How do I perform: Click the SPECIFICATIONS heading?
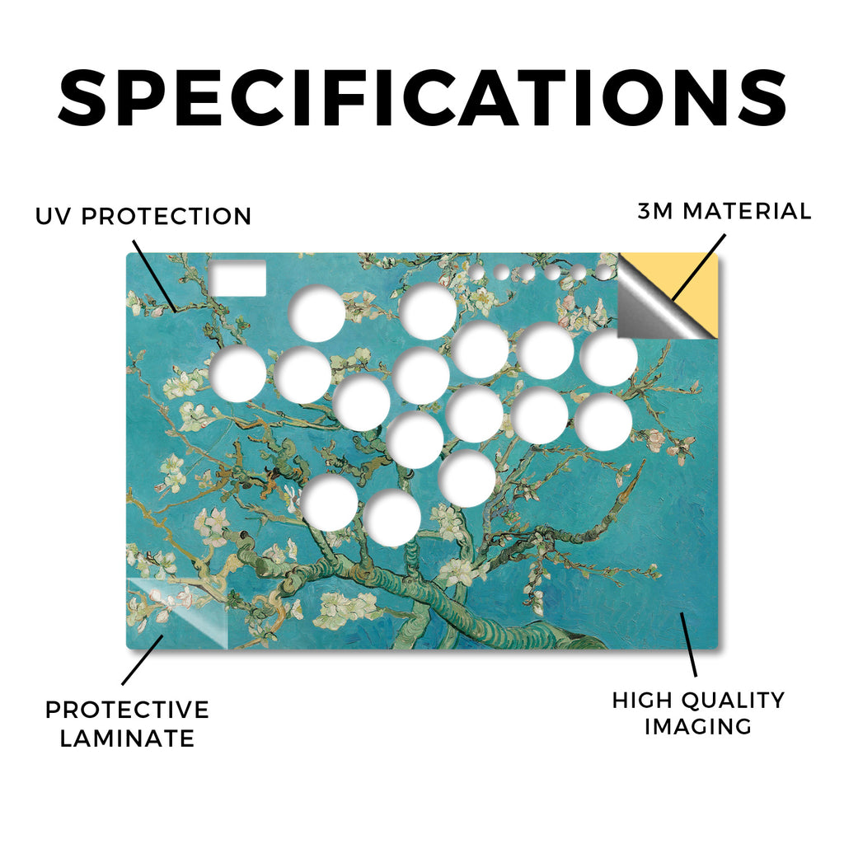tap(422, 98)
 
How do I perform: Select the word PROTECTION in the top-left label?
tap(166, 217)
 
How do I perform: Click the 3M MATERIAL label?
tap(724, 211)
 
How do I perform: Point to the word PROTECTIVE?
tap(127, 710)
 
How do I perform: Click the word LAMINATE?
tap(127, 738)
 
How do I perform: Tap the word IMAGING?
tap(698, 727)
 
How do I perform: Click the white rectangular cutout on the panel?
tap(237, 278)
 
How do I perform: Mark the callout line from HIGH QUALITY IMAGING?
tap(688, 645)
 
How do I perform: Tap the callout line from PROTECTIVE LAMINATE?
tap(143, 660)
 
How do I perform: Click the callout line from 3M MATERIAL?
tap(699, 266)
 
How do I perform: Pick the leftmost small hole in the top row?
tap(476, 272)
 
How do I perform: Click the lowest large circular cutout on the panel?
tap(392, 518)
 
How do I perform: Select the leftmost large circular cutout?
tap(237, 373)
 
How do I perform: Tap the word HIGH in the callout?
tap(641, 701)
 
